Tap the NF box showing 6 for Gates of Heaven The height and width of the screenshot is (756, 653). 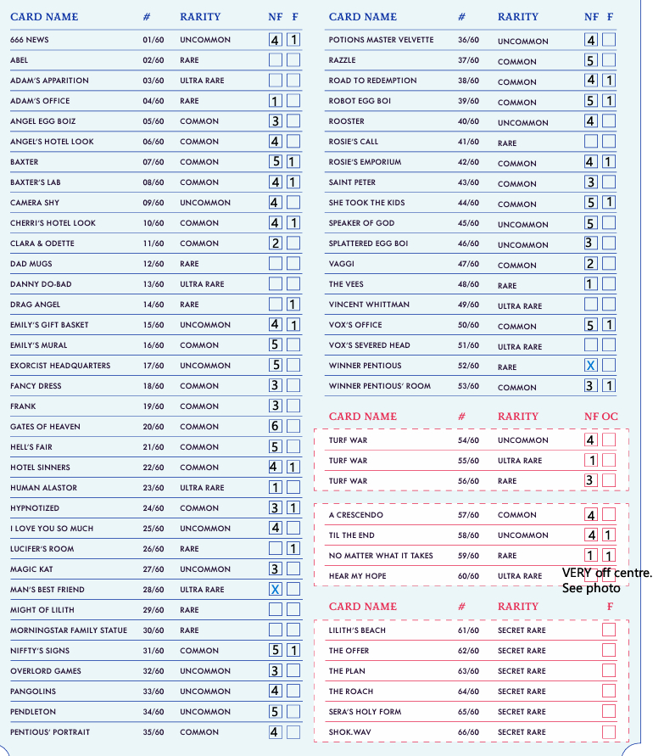tap(276, 427)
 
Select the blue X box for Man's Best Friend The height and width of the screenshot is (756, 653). tap(276, 590)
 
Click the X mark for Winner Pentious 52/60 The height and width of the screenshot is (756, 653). tap(590, 366)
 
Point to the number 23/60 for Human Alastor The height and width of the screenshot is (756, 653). tap(153, 488)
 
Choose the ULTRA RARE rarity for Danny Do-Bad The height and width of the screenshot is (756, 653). tap(202, 284)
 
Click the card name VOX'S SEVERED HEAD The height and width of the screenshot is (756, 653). tap(369, 345)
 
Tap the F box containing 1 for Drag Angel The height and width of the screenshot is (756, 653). tap(293, 305)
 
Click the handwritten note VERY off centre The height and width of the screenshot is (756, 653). tap(606, 574)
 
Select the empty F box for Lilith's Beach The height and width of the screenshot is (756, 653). tap(609, 630)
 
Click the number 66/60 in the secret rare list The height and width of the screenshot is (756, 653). tap(468, 732)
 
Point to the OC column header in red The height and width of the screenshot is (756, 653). tap(611, 417)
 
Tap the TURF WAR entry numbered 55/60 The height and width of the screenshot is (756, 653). tap(348, 461)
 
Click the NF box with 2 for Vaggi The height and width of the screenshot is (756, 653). tap(590, 264)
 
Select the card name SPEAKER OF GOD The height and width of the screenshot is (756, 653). tap(361, 223)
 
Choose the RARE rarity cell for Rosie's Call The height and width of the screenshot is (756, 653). tap(507, 143)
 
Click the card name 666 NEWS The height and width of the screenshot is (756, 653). tap(29, 40)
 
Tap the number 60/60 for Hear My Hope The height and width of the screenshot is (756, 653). tap(468, 576)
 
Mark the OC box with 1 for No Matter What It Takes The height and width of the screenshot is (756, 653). tap(609, 556)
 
